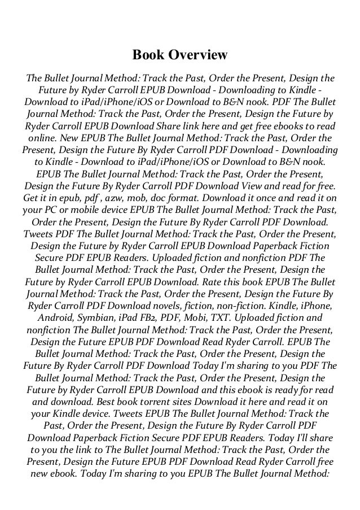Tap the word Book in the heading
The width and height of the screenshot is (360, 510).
pyautogui.click(x=147, y=55)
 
